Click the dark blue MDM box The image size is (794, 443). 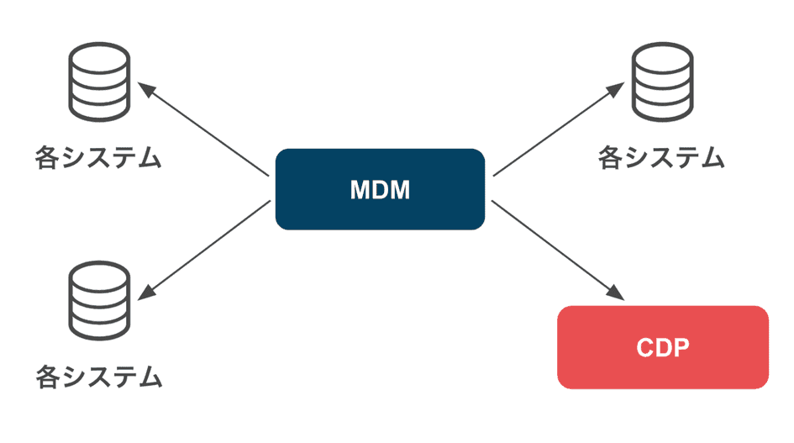(380, 189)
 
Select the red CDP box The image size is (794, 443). (663, 347)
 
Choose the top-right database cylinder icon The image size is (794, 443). (663, 84)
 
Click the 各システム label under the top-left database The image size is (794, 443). (98, 157)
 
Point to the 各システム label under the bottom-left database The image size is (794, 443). (98, 376)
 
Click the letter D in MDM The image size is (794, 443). (379, 190)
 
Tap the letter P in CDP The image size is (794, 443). (680, 348)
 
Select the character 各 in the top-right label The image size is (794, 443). (613, 157)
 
